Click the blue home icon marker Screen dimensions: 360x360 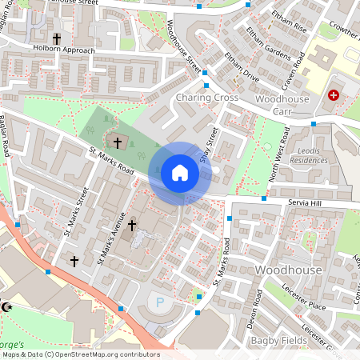pos(180,172)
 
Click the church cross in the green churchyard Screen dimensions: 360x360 pos(118,142)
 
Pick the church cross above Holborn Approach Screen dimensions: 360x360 pos(56,38)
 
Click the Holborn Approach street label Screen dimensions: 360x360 pos(63,50)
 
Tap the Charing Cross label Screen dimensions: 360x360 pos(206,98)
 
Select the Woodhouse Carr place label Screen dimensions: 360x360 pos(282,105)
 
